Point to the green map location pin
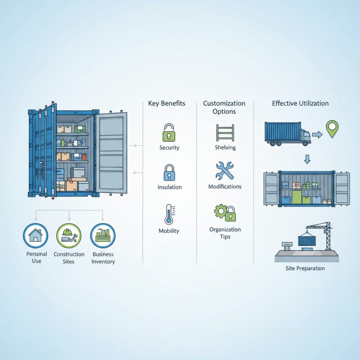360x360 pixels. click(x=332, y=129)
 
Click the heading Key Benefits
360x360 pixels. click(x=166, y=103)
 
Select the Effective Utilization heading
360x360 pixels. click(x=300, y=103)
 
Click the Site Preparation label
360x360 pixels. click(x=305, y=268)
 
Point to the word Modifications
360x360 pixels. click(x=225, y=186)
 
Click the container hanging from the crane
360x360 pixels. click(x=307, y=240)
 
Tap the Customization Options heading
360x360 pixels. click(x=224, y=107)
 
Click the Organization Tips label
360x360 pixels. click(x=225, y=233)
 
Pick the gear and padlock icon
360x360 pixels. click(x=225, y=212)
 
